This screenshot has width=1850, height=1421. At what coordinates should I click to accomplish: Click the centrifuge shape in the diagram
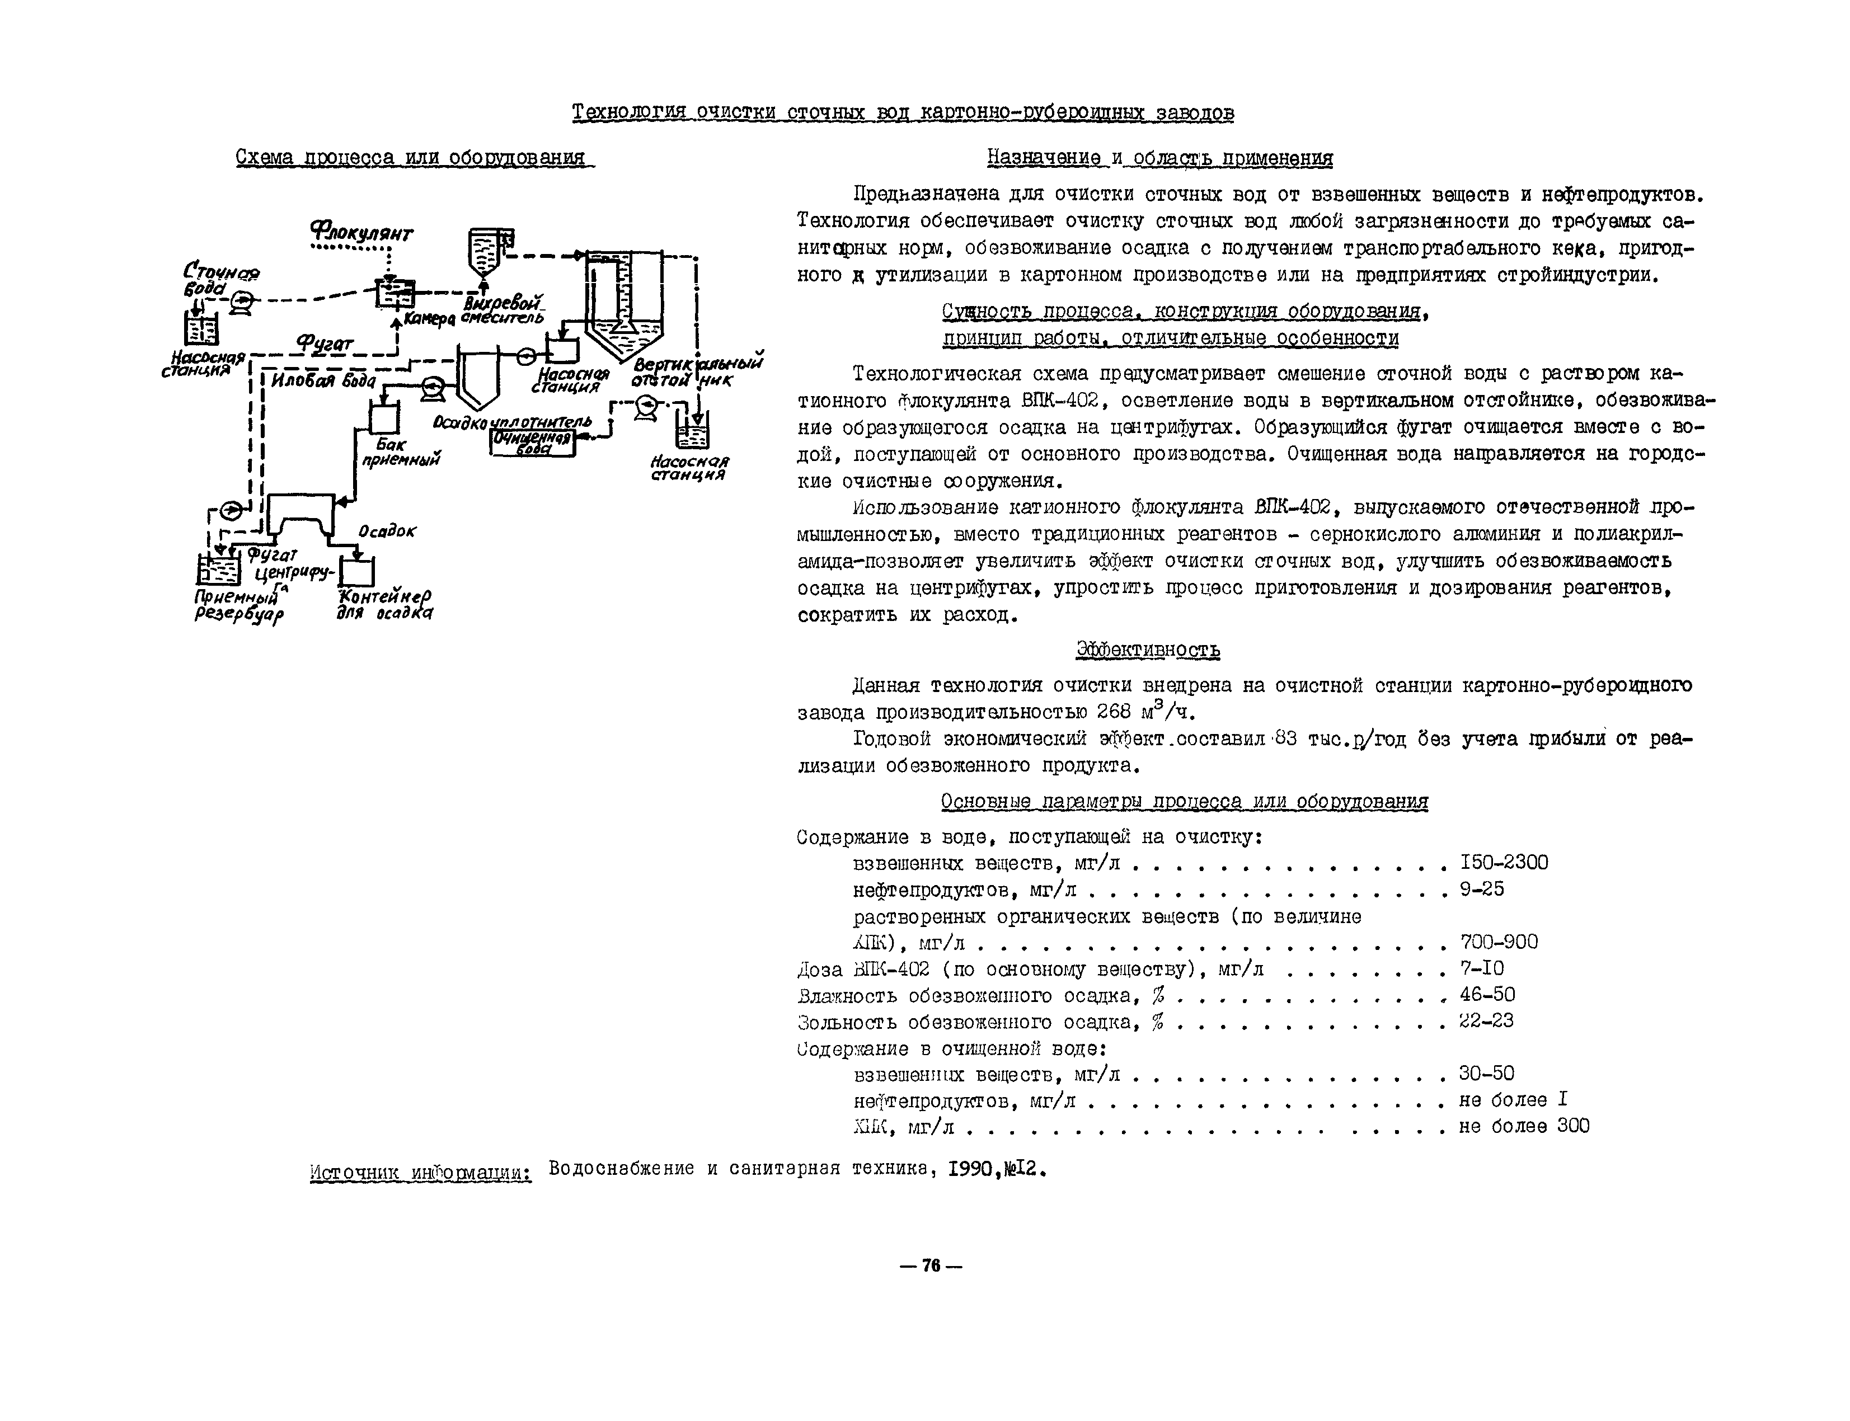pyautogui.click(x=300, y=516)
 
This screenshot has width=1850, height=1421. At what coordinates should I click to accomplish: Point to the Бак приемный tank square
pyautogui.click(x=384, y=417)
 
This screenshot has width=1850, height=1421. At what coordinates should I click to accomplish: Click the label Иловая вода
pyautogui.click(x=323, y=380)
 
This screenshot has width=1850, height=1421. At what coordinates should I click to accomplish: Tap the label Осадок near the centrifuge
pyautogui.click(x=387, y=531)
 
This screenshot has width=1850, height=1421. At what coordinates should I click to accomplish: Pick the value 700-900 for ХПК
pyautogui.click(x=1498, y=942)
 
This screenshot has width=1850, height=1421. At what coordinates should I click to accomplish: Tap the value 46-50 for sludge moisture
pyautogui.click(x=1486, y=995)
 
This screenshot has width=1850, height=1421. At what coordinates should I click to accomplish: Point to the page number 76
pyautogui.click(x=931, y=1265)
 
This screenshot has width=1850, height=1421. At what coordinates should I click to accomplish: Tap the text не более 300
pyautogui.click(x=1523, y=1127)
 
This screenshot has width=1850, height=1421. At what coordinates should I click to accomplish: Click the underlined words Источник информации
pyautogui.click(x=420, y=1173)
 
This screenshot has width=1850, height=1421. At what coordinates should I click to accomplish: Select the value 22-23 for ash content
pyautogui.click(x=1486, y=1021)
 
